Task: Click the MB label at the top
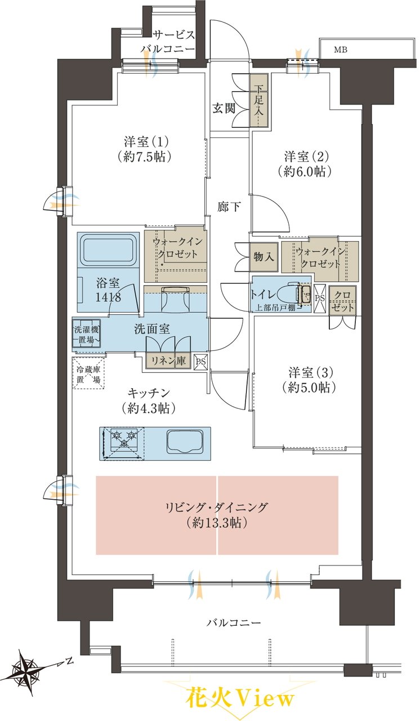pyautogui.click(x=340, y=50)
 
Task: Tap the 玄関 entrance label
pyautogui.click(x=224, y=109)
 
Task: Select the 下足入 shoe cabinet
pyautogui.click(x=258, y=101)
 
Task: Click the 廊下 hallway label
pyautogui.click(x=229, y=207)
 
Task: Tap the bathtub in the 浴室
pyautogui.click(x=109, y=248)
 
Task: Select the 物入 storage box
pyautogui.click(x=263, y=257)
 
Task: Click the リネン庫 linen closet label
pyautogui.click(x=168, y=361)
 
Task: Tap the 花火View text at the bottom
pyautogui.click(x=240, y=699)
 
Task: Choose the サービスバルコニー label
pyautogui.click(x=167, y=42)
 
